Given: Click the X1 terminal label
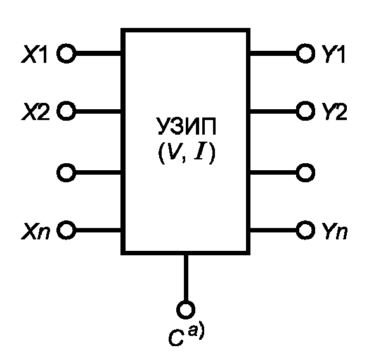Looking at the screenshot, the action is coord(34,54).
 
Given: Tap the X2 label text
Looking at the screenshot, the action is coord(36,112).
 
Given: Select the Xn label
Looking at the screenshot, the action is coord(36,231).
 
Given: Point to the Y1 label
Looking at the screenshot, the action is coord(333,54).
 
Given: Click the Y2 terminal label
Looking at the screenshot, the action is coord(334,112).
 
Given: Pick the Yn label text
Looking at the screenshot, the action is coord(334,231).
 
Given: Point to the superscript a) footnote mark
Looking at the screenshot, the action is coord(196,332).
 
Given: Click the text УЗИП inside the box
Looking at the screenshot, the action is coord(186,126).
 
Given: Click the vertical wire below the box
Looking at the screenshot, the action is coord(186,278).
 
